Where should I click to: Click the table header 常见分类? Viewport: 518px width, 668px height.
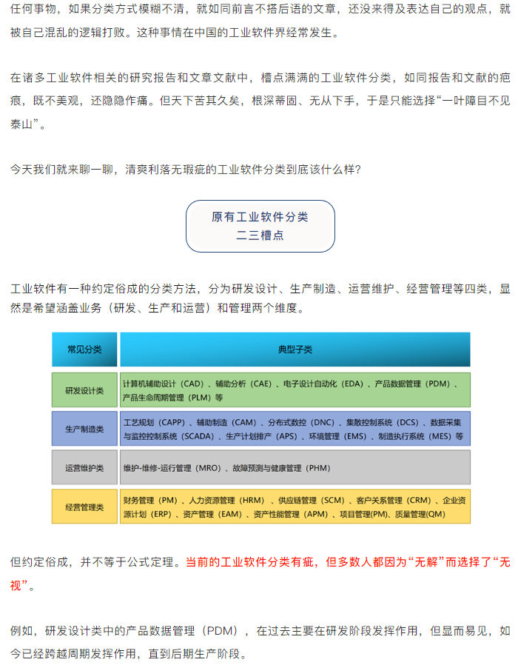pos(84,349)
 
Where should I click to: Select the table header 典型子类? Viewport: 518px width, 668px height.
pos(295,349)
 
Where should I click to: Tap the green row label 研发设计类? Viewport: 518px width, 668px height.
pos(84,390)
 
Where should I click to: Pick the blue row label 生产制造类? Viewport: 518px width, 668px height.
pos(84,429)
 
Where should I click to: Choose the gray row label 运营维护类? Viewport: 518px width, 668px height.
pos(84,467)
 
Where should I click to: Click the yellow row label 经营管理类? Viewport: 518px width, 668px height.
pos(84,507)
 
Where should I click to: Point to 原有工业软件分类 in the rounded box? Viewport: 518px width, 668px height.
pos(260,217)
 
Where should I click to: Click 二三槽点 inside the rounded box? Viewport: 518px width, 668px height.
pos(260,236)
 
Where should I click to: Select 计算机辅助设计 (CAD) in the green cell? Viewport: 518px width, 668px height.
pos(163,384)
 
